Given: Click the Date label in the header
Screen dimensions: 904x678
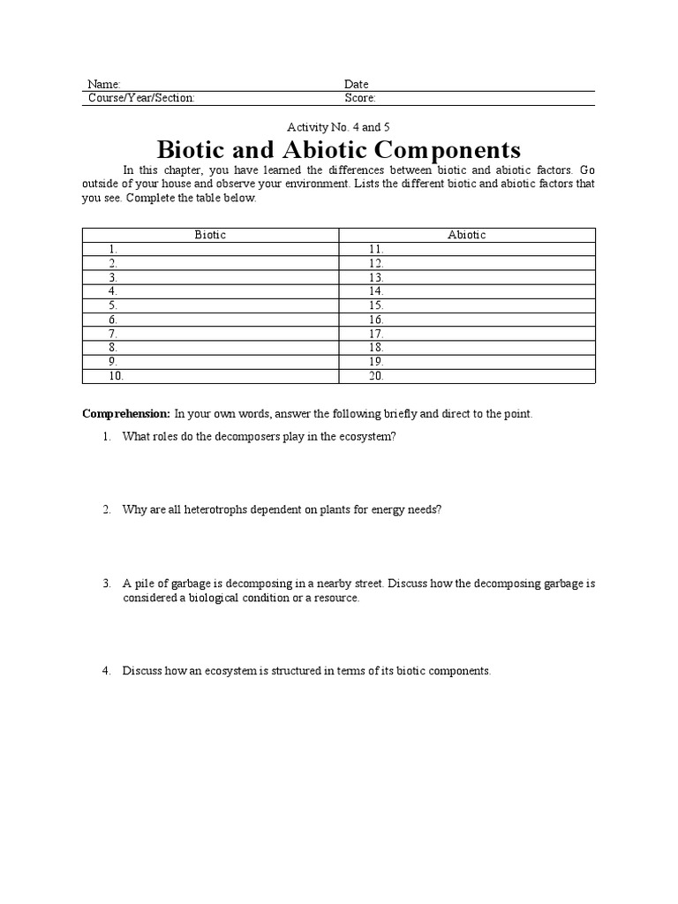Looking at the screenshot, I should pyautogui.click(x=356, y=85).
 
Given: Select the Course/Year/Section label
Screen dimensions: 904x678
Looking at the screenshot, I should pyautogui.click(x=141, y=98).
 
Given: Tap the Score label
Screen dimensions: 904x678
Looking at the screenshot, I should pyautogui.click(x=359, y=98).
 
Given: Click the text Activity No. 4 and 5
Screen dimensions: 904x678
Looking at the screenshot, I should pyautogui.click(x=338, y=127).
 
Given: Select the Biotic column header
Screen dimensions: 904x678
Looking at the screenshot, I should pyautogui.click(x=210, y=235).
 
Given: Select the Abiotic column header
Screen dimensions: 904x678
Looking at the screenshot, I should pyautogui.click(x=466, y=235).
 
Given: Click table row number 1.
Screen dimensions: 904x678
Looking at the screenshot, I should pyautogui.click(x=113, y=250).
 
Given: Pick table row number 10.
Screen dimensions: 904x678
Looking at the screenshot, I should pyautogui.click(x=117, y=376).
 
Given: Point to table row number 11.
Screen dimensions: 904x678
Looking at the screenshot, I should pyautogui.click(x=376, y=250).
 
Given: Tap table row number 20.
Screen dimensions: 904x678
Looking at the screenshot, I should pyautogui.click(x=377, y=376).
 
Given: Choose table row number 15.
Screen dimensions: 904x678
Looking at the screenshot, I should pyautogui.click(x=376, y=305).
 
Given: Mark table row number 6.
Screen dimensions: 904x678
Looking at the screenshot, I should pyautogui.click(x=113, y=320).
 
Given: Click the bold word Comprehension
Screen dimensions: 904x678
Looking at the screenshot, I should pyautogui.click(x=125, y=414).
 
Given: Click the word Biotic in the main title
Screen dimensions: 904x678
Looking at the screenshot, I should pyautogui.click(x=199, y=148).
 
